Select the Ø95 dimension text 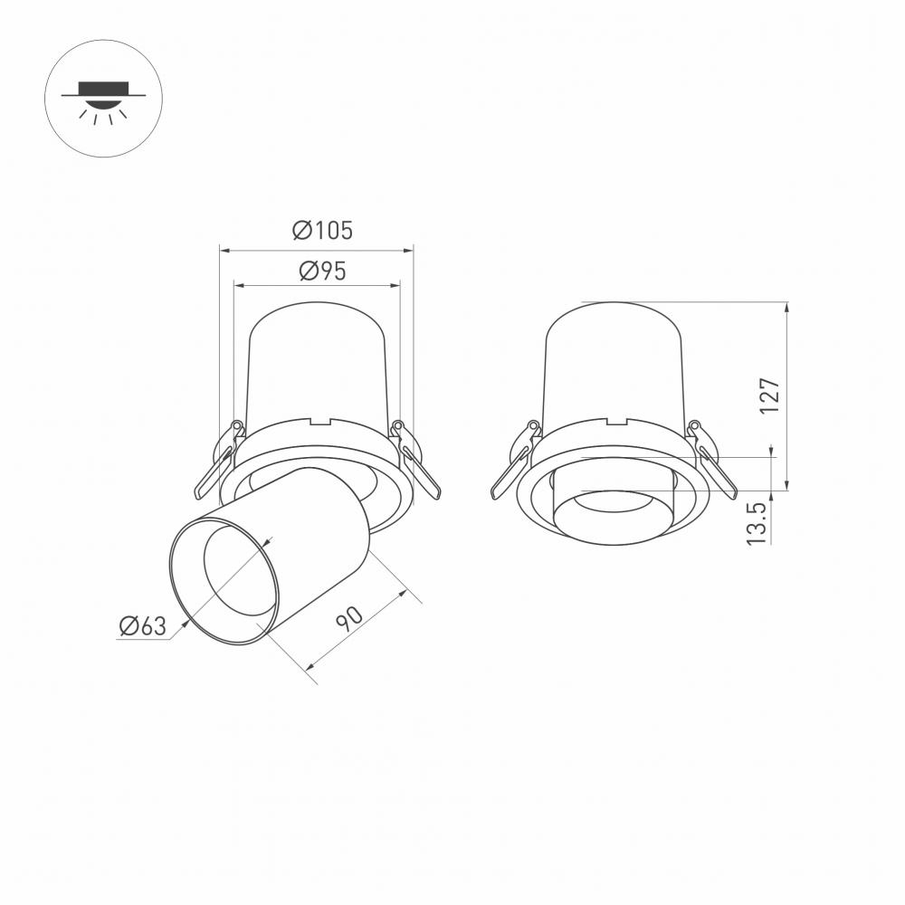321,271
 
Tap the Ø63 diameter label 143,625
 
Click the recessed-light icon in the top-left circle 102,98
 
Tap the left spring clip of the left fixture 217,462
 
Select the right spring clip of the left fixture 416,462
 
